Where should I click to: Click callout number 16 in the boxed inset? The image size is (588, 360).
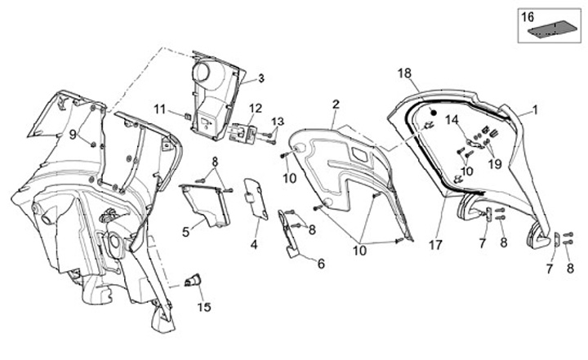527,16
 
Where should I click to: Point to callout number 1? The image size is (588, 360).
536,108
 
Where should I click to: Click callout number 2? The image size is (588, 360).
336,103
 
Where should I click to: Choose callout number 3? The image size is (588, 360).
261,78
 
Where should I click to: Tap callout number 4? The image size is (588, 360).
254,244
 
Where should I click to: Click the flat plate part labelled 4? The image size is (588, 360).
256,198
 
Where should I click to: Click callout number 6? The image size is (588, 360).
320,263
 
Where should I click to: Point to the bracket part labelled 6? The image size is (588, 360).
291,235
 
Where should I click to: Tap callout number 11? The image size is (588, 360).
160,108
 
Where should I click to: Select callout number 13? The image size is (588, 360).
277,121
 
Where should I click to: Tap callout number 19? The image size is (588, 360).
496,162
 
